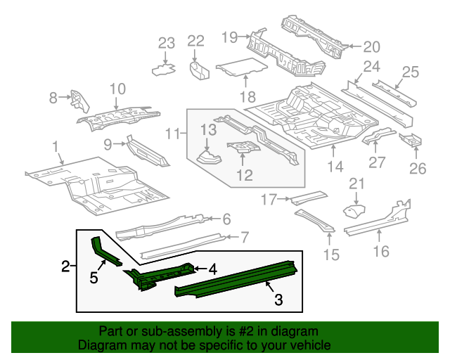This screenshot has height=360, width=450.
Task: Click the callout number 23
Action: click(x=166, y=44)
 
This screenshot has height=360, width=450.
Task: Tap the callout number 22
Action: click(x=195, y=41)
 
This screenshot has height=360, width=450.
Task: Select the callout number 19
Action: click(x=230, y=36)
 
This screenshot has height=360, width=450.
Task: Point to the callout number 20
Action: click(x=371, y=47)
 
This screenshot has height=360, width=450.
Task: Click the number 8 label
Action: click(x=53, y=98)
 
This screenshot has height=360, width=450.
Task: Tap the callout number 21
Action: click(x=357, y=184)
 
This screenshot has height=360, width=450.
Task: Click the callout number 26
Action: click(x=418, y=168)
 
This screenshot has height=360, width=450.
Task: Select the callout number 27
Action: click(x=377, y=162)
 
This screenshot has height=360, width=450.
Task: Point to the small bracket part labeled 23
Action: click(x=164, y=69)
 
